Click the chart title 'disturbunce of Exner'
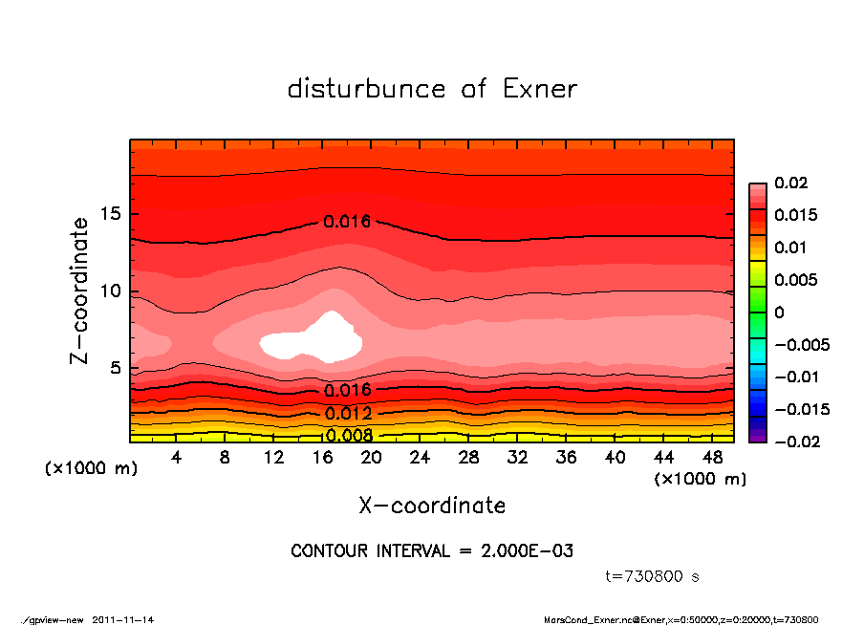432,89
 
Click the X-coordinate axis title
432,505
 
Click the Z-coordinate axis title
80,290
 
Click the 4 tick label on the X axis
177,457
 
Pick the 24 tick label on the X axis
421,457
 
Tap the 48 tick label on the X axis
713,457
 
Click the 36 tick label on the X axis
567,457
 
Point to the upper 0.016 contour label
347,222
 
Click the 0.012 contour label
348,414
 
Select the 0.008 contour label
348,436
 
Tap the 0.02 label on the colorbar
789,183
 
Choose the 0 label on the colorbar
779,312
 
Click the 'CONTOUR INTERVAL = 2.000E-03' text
432,551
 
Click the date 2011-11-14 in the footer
123,619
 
